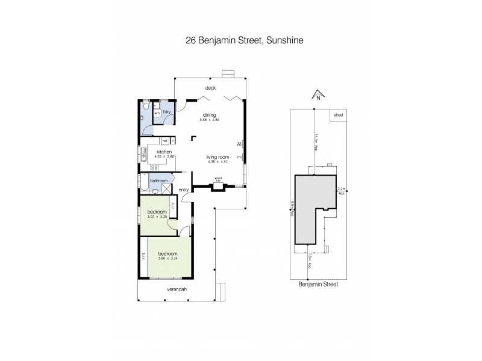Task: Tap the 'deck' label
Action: [210, 88]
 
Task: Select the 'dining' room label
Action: [209, 116]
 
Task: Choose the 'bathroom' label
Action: [158, 180]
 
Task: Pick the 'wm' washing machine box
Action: [157, 113]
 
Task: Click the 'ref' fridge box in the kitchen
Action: [164, 141]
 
